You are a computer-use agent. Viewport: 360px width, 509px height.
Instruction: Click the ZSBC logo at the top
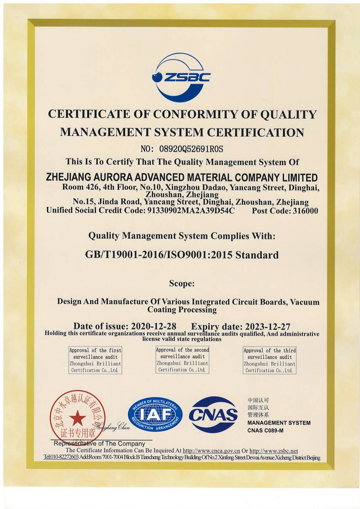181,77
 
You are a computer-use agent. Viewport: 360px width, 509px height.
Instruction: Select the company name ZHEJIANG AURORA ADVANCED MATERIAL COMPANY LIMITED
182,177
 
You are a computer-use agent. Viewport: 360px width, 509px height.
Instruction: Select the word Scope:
182,283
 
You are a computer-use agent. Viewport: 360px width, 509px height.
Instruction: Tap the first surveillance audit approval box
95,360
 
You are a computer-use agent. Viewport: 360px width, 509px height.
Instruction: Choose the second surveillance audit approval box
182,360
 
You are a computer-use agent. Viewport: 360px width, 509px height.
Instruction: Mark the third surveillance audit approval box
270,360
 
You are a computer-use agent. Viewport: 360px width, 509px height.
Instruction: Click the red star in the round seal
77,418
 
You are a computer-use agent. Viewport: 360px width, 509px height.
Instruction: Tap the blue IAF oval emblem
155,414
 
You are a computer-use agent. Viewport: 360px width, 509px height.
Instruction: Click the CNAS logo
213,414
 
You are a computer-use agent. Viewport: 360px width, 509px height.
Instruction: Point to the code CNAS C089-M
265,431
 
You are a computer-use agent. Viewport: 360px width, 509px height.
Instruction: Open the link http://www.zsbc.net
274,451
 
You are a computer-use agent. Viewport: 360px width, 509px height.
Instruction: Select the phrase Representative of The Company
99,444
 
